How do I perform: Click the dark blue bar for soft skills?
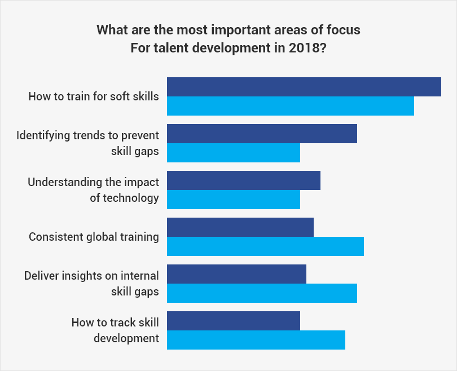(x=304, y=87)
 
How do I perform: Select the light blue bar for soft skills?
(x=291, y=106)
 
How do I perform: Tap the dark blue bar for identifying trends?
(x=262, y=134)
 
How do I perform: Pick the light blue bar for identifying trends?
(x=234, y=153)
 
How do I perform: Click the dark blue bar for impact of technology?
(x=244, y=180)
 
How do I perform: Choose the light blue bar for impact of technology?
(x=234, y=200)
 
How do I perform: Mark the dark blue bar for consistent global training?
(x=240, y=227)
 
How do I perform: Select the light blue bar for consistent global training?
(x=265, y=246)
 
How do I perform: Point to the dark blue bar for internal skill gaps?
(x=236, y=274)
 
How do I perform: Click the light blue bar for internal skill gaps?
(x=262, y=293)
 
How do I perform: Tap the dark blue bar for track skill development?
(x=234, y=321)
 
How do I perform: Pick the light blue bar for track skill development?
(x=256, y=340)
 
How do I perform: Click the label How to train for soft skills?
(x=94, y=96)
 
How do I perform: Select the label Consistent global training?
(x=94, y=237)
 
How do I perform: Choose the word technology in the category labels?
(x=124, y=198)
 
